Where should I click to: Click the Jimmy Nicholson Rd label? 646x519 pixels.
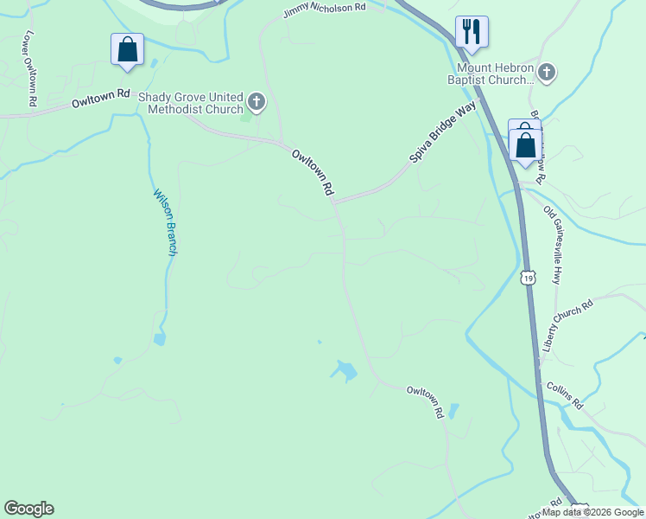(324, 10)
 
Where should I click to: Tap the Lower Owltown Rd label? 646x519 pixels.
(32, 68)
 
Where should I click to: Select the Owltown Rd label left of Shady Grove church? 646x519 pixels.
(100, 98)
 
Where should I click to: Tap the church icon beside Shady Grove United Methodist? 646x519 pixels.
(256, 103)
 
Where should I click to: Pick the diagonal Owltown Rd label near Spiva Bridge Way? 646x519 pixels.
(313, 173)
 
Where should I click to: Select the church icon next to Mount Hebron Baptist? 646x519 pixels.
(546, 72)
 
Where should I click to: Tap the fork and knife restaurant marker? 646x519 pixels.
(472, 32)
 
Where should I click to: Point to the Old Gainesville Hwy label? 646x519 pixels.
(553, 245)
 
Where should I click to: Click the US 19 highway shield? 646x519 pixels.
(528, 277)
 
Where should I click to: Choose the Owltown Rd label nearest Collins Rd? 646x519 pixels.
(425, 402)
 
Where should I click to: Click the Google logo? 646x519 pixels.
(28, 509)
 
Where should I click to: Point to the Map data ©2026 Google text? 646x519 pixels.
(592, 512)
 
